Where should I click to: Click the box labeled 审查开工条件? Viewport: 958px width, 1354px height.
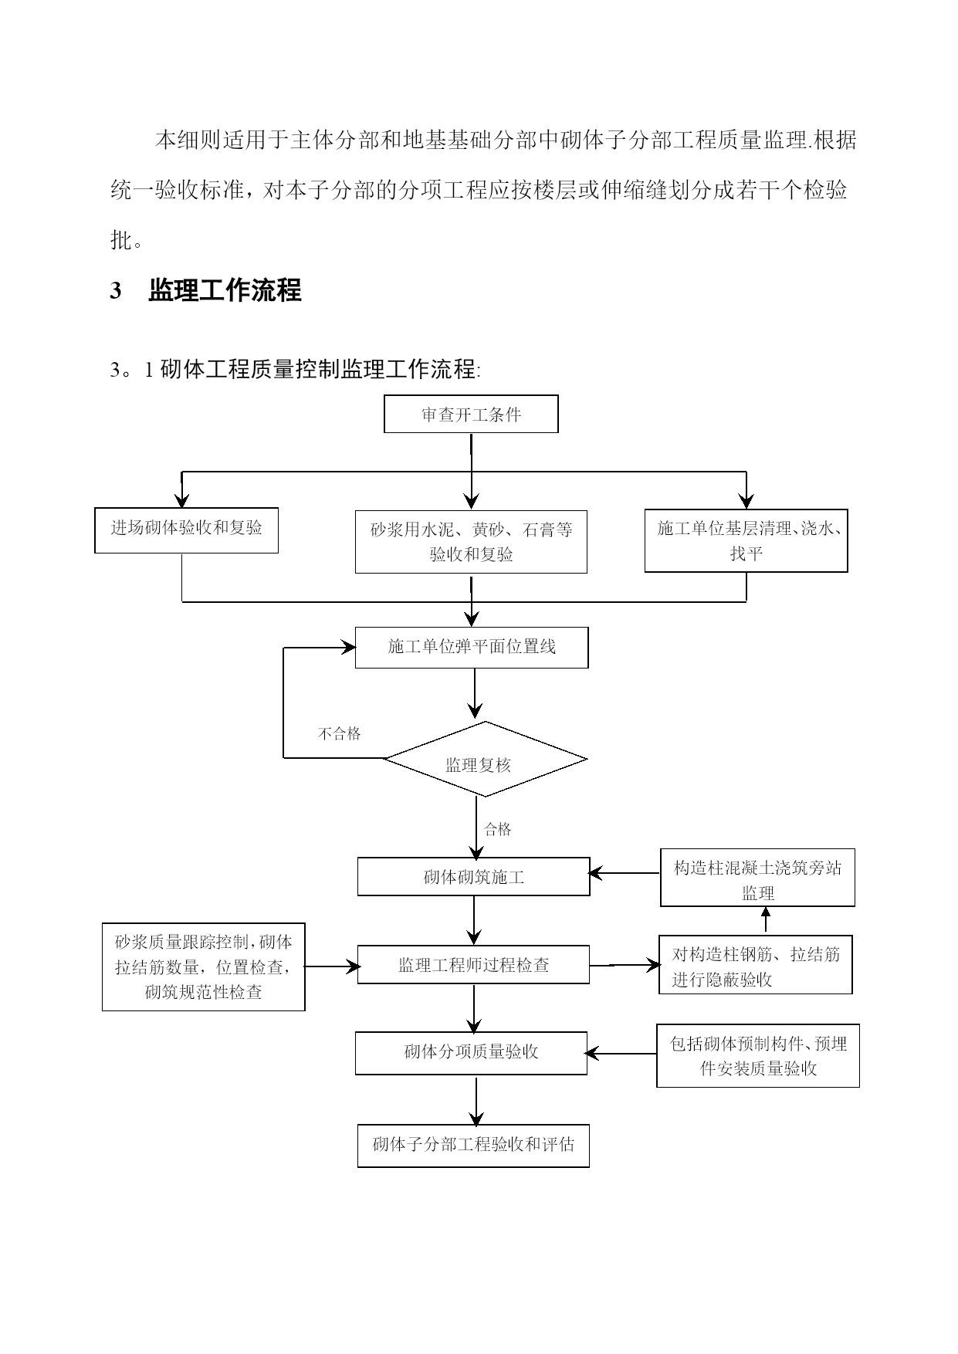471,415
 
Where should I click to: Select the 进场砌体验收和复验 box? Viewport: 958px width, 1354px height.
186,530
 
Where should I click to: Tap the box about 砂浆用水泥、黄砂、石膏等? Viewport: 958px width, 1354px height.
471,541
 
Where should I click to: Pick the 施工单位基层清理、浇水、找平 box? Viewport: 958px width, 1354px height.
746,540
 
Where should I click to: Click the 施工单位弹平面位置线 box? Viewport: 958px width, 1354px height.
472,647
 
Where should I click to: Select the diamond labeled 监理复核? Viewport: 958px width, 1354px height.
486,759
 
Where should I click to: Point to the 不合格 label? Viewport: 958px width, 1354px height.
340,733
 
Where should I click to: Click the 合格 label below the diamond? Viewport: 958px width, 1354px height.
498,829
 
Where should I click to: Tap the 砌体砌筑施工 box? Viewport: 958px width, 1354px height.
473,877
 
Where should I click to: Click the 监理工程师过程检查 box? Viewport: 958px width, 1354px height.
473,965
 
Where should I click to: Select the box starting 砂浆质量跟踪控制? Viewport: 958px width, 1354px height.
204,966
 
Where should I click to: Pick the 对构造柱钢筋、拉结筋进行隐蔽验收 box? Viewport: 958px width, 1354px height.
756,965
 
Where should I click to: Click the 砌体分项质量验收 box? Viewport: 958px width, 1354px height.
471,1053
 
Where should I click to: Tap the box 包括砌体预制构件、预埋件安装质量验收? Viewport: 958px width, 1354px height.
758,1056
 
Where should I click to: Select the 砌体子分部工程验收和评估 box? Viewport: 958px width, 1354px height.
473,1146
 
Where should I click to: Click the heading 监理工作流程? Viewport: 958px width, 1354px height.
225,291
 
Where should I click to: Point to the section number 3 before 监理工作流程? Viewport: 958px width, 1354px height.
116,291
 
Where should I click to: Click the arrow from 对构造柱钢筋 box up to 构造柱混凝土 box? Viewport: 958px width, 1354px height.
766,921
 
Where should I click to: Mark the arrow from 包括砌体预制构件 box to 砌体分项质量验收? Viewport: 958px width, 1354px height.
621,1054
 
